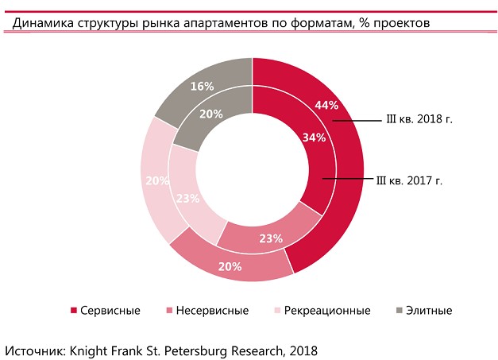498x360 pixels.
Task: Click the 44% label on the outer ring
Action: [326, 105]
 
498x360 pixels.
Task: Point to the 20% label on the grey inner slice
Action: [210, 114]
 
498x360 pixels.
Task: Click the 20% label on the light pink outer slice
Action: [157, 180]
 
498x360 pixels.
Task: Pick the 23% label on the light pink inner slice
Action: [187, 199]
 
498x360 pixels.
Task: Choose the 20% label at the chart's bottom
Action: [230, 266]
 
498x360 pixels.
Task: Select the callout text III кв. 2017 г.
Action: [409, 180]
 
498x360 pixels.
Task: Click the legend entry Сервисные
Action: [110, 311]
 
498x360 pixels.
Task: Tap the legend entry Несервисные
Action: [213, 311]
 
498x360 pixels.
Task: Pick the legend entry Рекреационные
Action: [327, 311]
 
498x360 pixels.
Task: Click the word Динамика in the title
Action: [47, 23]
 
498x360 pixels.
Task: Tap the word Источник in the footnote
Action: [34, 349]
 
